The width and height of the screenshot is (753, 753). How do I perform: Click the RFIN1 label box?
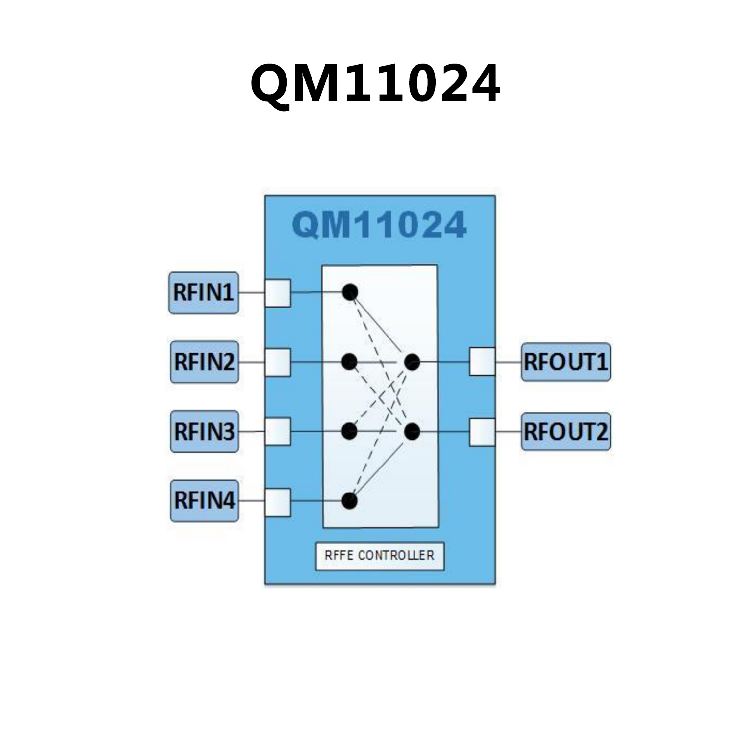(x=204, y=293)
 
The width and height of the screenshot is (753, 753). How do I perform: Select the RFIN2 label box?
(x=204, y=362)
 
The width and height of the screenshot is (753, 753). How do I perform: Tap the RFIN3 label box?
(x=204, y=432)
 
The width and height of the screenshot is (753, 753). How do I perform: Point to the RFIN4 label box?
(x=204, y=501)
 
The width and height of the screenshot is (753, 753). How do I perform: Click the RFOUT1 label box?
(x=566, y=362)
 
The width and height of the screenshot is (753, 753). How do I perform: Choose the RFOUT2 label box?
(x=566, y=432)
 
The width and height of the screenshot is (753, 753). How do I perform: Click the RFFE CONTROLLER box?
(x=380, y=556)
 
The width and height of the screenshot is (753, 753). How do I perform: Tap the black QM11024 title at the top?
(x=376, y=83)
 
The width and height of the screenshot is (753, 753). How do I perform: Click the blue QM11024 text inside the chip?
(x=379, y=225)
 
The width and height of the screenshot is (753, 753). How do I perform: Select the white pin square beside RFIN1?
(x=278, y=293)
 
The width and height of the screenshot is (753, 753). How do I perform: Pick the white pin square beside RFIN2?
(x=278, y=363)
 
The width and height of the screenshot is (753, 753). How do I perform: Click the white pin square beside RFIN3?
(x=278, y=432)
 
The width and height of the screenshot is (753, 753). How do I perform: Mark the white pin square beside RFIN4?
(x=278, y=502)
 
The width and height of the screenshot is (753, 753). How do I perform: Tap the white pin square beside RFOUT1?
(x=482, y=362)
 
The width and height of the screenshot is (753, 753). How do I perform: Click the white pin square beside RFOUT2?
(x=482, y=432)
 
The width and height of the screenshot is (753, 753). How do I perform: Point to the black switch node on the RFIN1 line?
(x=349, y=292)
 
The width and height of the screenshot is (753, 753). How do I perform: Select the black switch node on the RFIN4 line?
(x=349, y=501)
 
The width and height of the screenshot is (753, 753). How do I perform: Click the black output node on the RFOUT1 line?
(x=412, y=362)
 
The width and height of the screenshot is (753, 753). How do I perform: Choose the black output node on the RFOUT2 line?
(x=412, y=432)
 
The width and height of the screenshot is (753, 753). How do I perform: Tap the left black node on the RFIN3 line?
(x=349, y=432)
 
